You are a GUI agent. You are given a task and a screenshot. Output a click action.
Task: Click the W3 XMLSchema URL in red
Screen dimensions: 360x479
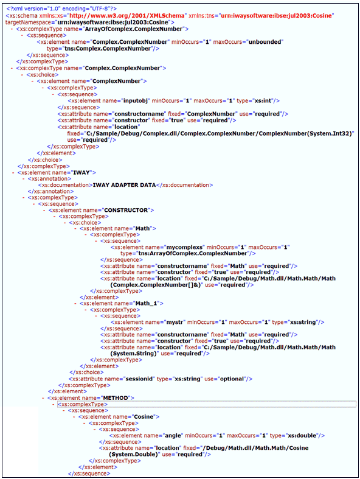pyautogui.click(x=127, y=16)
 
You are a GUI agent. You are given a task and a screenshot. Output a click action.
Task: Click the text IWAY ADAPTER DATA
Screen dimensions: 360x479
pyautogui.click(x=124, y=185)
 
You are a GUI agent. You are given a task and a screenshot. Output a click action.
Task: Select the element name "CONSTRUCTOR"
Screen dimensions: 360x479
pyautogui.click(x=126, y=210)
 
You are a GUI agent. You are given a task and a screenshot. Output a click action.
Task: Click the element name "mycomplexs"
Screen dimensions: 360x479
pyautogui.click(x=184, y=247)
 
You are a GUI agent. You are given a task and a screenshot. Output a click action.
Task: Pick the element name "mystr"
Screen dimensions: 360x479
pyautogui.click(x=175, y=323)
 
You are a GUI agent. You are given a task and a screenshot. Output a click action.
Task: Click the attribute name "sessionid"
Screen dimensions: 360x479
pyautogui.click(x=139, y=379)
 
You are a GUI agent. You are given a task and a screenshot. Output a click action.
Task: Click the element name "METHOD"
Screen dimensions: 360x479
pyautogui.click(x=116, y=397)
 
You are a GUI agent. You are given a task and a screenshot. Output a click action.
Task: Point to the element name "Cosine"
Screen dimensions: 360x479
pyautogui.click(x=144, y=417)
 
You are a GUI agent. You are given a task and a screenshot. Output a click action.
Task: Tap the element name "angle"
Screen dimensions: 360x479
pyautogui.click(x=173, y=436)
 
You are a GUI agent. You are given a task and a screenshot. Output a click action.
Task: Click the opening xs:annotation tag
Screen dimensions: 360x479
pyautogui.click(x=49, y=179)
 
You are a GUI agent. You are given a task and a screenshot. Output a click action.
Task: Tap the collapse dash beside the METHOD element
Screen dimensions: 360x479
pyautogui.click(x=43, y=398)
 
